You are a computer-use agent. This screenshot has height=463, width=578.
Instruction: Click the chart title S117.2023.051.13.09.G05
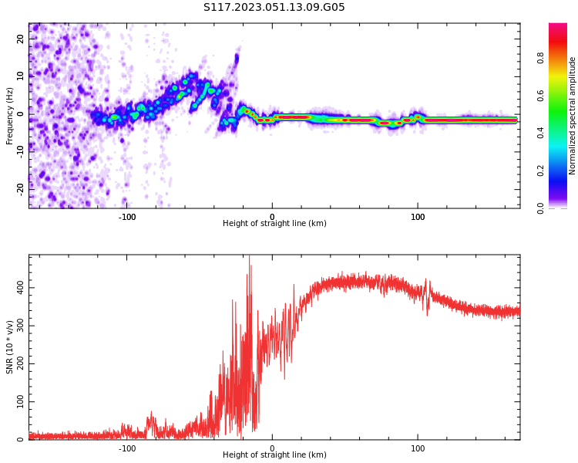point(274,8)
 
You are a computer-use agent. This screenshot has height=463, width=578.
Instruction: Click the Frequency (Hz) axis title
point(10,116)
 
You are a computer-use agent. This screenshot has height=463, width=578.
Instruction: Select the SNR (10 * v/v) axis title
point(10,347)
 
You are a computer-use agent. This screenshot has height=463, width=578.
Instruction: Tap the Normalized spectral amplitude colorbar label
point(573,116)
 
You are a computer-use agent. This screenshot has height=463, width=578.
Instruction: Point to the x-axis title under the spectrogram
point(274,224)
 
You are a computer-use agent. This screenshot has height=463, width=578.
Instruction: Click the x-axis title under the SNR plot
point(274,455)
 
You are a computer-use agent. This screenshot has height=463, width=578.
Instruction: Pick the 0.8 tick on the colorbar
point(561,57)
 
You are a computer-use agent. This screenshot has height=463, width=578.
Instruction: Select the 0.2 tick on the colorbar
point(561,170)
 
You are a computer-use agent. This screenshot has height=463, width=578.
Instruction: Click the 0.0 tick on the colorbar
point(561,208)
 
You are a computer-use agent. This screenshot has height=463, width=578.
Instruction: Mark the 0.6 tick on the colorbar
point(561,95)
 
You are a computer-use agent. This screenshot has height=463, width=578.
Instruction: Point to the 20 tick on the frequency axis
point(22,39)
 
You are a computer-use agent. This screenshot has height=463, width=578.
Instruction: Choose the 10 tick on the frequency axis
point(22,76)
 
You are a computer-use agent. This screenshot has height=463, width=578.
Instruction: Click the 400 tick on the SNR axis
point(18,287)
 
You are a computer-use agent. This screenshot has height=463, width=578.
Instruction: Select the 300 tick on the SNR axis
point(18,326)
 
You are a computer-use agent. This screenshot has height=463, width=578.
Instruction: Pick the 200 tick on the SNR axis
point(18,363)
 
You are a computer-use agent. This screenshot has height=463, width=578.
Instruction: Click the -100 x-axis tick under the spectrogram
point(127,217)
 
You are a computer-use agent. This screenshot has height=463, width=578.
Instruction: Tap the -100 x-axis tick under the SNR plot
point(127,448)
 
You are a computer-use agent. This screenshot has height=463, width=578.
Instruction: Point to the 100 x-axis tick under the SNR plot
point(418,448)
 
